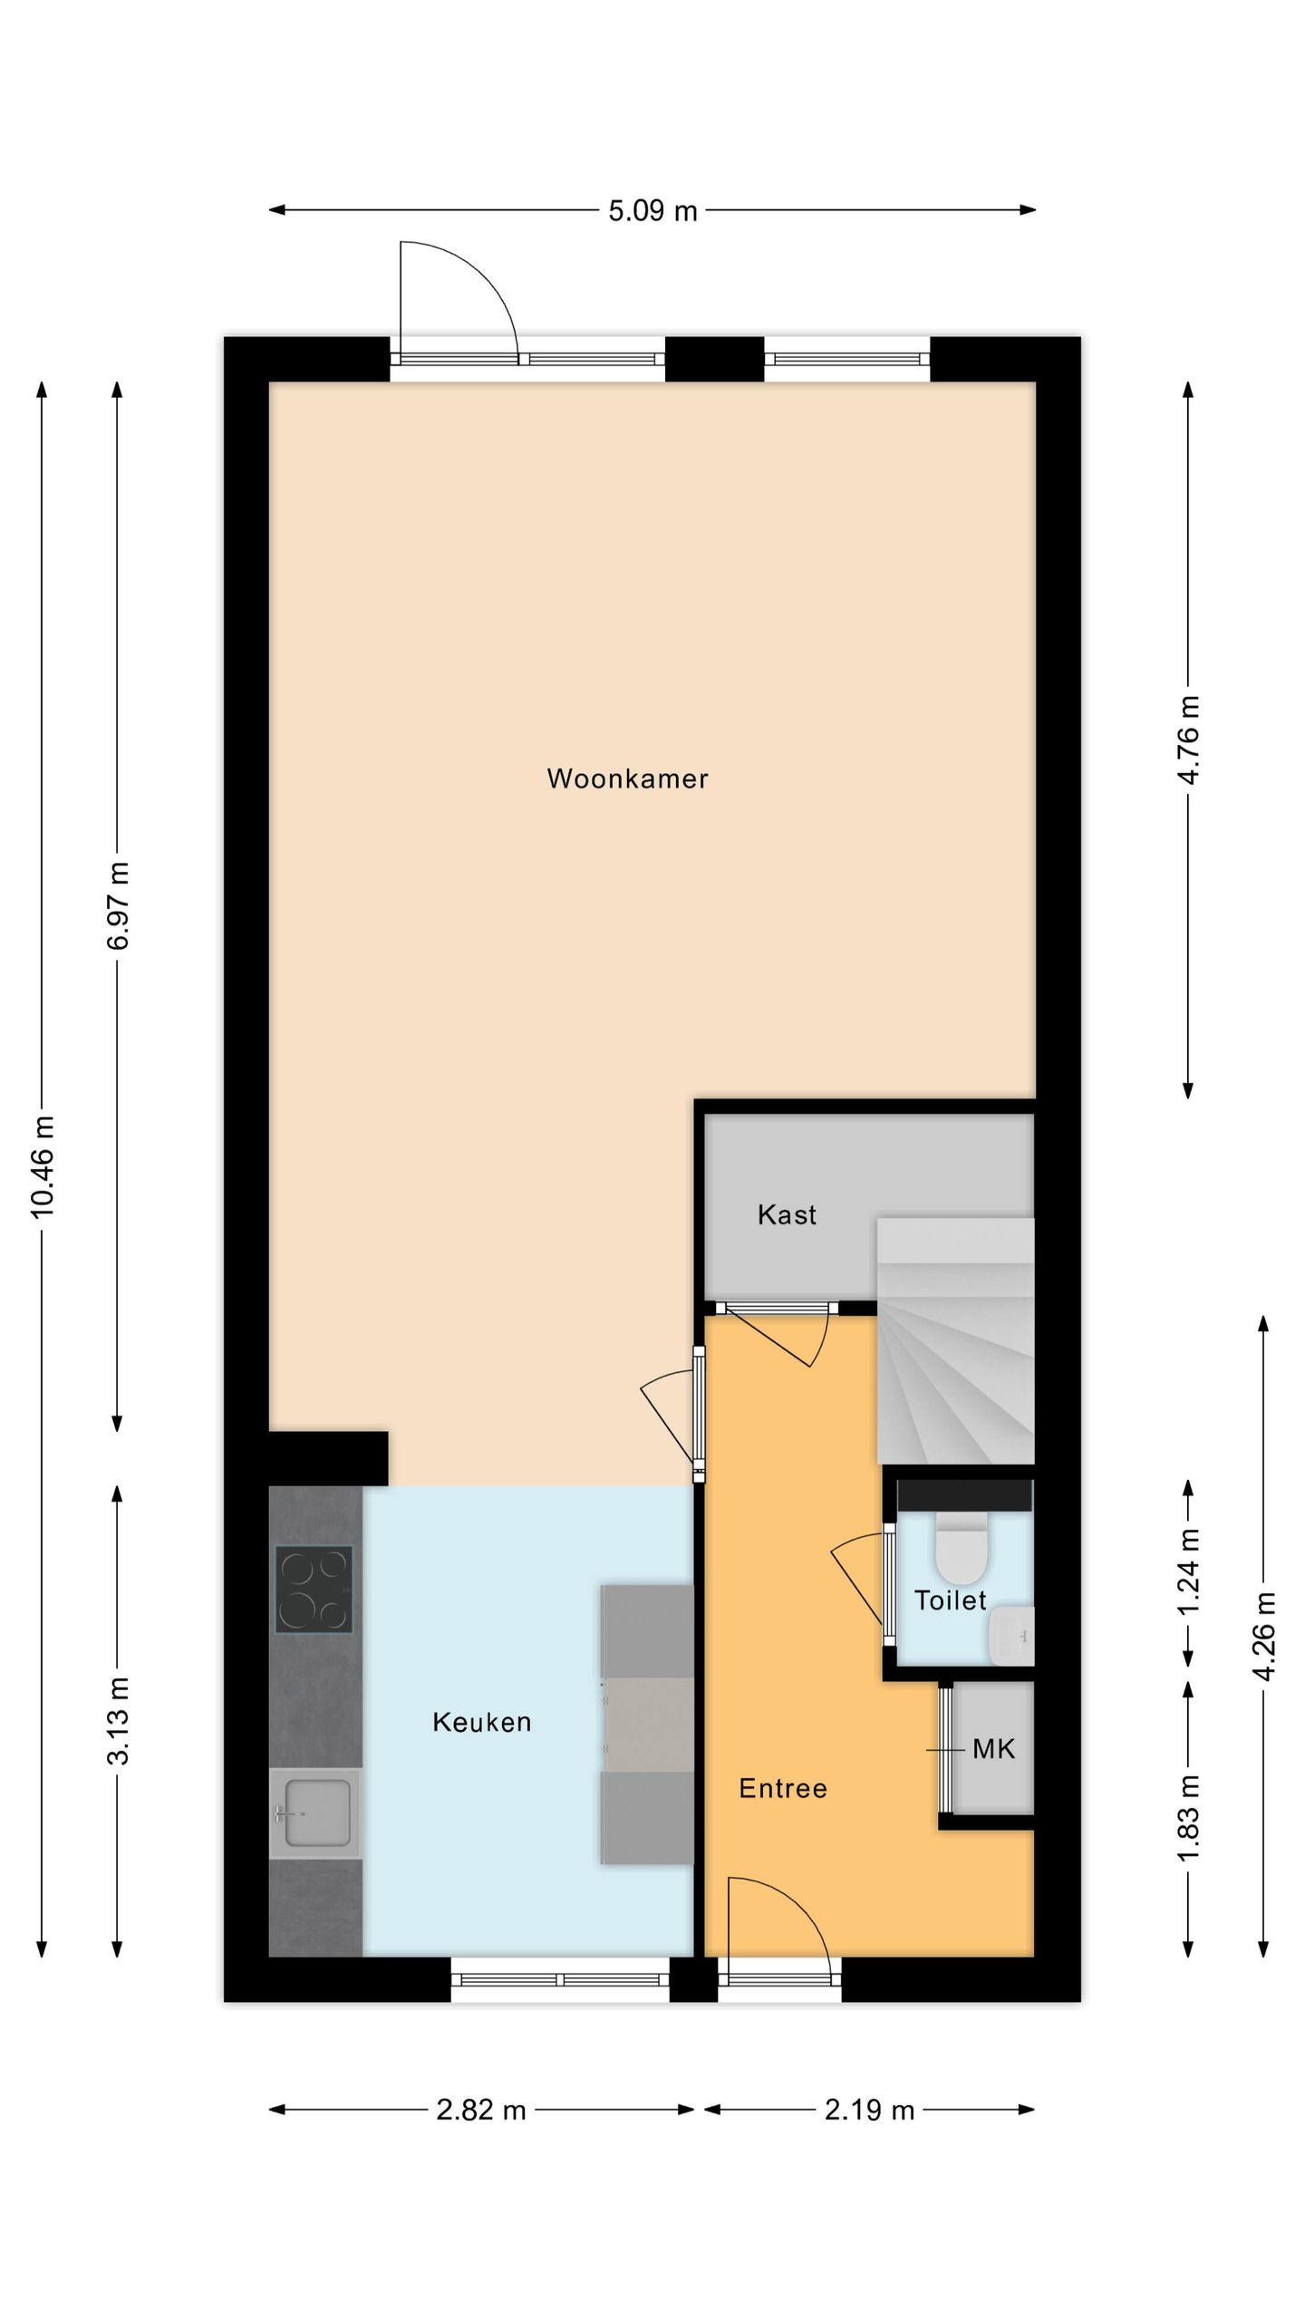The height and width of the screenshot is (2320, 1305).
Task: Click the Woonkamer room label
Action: [x=627, y=778]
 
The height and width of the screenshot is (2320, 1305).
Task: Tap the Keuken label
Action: [x=481, y=1722]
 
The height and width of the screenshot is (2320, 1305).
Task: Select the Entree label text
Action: [x=783, y=1788]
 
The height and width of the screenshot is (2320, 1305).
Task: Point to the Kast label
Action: [x=787, y=1214]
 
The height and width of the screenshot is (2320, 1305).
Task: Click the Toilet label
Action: [x=950, y=1600]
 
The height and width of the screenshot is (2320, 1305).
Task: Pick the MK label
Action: [x=993, y=1749]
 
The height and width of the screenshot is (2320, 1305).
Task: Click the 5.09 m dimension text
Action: [x=652, y=211]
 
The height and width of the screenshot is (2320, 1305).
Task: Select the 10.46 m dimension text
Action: [x=43, y=1167]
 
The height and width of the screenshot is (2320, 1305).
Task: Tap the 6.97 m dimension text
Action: [x=118, y=905]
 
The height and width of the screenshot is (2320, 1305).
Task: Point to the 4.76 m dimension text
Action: [x=1188, y=739]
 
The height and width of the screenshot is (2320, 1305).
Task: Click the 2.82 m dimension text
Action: [x=481, y=2111]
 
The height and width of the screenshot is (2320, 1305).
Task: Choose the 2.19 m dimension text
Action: [x=869, y=2111]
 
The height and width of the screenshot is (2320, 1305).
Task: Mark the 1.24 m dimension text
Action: [x=1188, y=1572]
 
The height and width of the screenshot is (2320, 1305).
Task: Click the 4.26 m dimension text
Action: [x=1264, y=1637]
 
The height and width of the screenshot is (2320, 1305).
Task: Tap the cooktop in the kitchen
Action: [x=314, y=1589]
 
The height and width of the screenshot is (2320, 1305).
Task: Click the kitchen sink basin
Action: [x=317, y=1812]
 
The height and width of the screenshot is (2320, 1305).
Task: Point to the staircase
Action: [x=955, y=1340]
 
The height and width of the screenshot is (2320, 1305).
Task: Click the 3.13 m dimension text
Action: [x=118, y=1721]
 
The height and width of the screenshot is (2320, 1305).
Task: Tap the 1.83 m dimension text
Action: [x=1188, y=1817]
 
